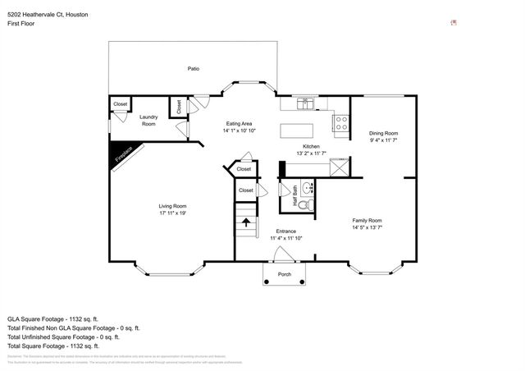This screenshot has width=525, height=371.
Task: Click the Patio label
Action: click(193, 69)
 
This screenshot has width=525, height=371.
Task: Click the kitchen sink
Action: click(305, 104)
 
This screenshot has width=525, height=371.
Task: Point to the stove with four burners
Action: click(340, 124)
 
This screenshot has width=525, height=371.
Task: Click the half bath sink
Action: click(308, 187)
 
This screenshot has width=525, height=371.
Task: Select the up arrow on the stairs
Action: click(246, 221)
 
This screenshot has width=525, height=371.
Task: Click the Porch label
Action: click(285, 274)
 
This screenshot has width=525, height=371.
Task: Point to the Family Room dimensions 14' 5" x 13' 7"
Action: click(367, 227)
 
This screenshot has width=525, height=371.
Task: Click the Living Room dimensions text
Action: click(172, 213)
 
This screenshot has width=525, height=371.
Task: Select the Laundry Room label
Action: click(148, 120)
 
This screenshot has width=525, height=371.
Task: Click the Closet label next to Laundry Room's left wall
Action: click(121, 104)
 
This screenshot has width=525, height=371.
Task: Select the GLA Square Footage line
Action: click(52, 318)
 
